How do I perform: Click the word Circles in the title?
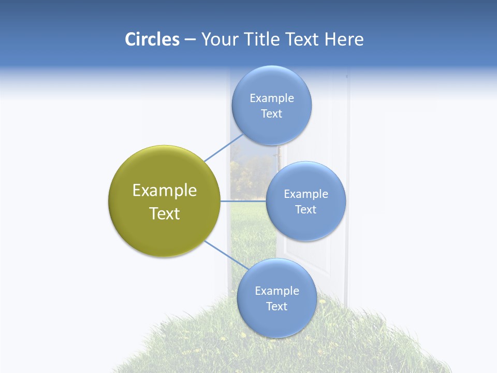(152, 39)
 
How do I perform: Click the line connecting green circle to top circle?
(223, 148)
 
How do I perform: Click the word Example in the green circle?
(165, 191)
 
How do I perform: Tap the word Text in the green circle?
(165, 213)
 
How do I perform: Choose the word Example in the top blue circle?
(272, 98)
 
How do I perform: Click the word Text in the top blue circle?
(272, 113)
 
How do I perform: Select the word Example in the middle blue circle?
(306, 194)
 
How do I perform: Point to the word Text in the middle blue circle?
(306, 209)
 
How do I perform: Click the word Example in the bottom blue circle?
(277, 291)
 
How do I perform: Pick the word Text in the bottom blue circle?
(277, 306)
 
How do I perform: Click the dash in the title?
(190, 40)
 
